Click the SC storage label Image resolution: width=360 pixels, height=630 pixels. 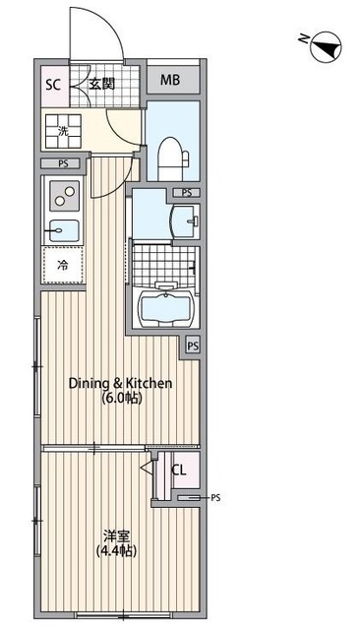(52, 86)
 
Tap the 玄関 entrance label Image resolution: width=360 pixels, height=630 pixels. (102, 84)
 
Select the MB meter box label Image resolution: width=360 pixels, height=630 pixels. (170, 80)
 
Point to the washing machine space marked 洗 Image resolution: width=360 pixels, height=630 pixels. (63, 131)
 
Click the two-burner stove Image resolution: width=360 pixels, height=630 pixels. (64, 196)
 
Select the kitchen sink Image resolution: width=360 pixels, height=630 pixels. (64, 230)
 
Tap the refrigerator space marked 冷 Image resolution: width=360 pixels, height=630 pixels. (63, 265)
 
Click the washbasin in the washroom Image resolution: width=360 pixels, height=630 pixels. (185, 221)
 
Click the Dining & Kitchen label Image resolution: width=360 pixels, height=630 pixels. (120, 383)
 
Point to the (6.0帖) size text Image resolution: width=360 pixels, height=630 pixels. (121, 398)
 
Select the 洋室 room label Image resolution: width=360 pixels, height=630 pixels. (116, 535)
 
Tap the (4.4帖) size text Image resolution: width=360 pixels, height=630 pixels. (116, 551)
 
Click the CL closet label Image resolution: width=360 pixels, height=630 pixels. (179, 471)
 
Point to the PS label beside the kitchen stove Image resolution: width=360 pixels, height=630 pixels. (63, 164)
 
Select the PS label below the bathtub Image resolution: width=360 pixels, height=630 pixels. (193, 346)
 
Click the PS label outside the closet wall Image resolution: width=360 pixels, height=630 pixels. (215, 498)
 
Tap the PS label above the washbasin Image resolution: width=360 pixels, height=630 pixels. (187, 193)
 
